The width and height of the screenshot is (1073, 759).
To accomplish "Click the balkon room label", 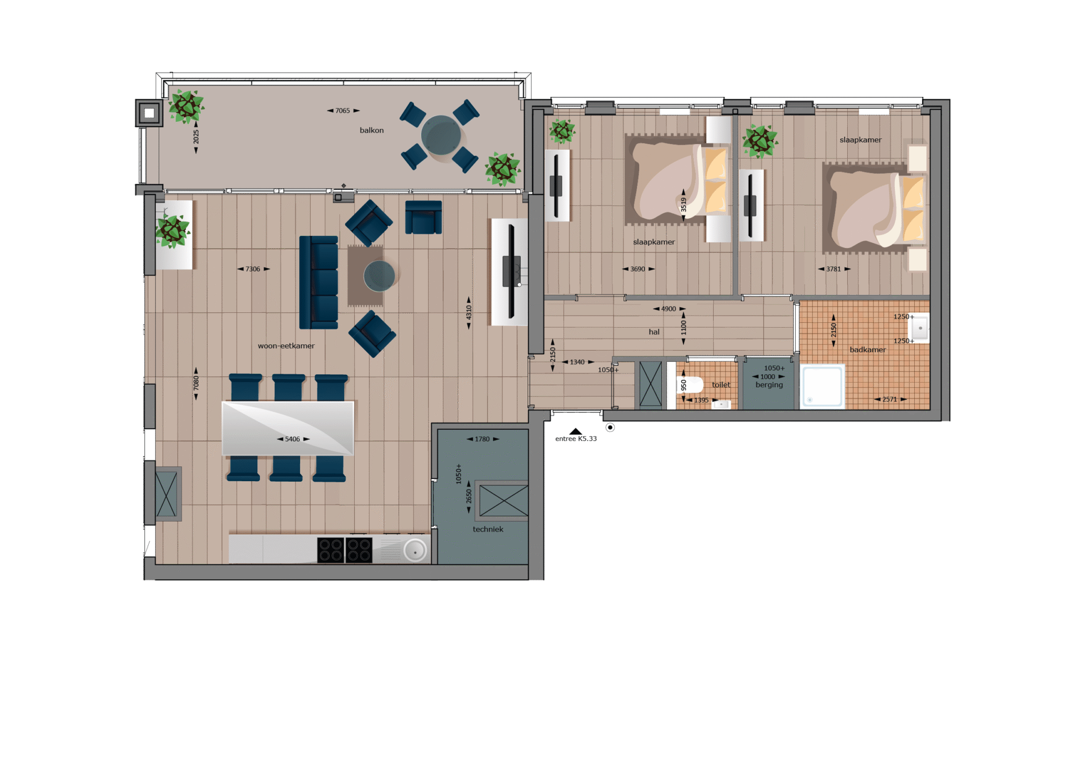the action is click(371, 130).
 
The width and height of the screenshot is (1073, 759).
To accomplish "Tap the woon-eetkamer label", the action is click(286, 346).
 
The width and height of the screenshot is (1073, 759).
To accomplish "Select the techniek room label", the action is click(488, 529).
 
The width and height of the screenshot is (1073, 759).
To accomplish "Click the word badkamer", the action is click(868, 350).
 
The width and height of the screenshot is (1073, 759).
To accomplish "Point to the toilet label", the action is click(721, 385).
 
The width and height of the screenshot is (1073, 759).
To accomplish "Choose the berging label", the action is click(769, 385).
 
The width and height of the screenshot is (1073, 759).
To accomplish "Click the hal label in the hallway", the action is click(654, 332).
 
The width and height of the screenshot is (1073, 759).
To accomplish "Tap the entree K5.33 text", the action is click(576, 439).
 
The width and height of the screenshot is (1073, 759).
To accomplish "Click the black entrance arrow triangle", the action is click(576, 431).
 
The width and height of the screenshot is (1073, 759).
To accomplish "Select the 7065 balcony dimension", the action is click(343, 111).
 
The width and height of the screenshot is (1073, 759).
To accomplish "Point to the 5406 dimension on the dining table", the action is click(292, 439).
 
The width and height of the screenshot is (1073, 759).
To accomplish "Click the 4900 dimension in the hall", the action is click(669, 309).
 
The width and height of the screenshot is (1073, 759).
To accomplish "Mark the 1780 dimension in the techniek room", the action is click(482, 439).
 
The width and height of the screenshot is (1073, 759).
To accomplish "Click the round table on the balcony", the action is click(441, 135).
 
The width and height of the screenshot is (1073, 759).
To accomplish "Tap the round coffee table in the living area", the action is click(379, 276).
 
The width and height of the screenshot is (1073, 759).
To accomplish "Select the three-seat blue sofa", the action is click(319, 283).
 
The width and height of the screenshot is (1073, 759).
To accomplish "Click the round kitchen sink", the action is click(415, 551).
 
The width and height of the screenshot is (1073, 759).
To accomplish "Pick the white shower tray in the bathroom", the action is click(823, 386).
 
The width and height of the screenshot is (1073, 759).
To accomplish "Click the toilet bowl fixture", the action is click(691, 385).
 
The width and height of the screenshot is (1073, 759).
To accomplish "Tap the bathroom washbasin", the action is click(921, 328).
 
